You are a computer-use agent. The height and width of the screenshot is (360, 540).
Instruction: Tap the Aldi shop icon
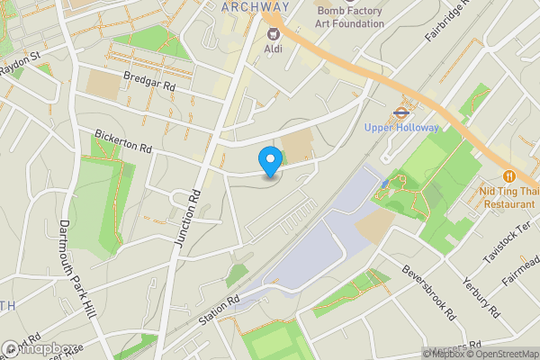point(271,33)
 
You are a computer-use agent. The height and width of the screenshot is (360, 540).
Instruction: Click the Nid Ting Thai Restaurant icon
point(509,175)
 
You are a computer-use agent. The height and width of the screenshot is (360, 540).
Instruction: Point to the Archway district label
point(256,6)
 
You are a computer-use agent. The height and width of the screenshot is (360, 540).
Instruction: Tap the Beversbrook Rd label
point(429,292)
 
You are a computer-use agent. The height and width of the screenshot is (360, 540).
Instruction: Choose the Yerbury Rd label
point(480,296)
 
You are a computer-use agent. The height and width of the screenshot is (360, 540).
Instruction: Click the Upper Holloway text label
point(401,128)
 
